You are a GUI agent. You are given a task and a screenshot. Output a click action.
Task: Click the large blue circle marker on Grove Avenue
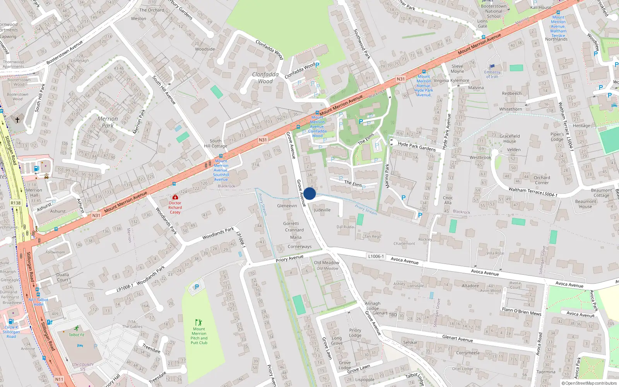coord(309,193)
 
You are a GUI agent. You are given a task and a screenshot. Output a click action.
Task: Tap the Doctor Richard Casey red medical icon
coord(175,197)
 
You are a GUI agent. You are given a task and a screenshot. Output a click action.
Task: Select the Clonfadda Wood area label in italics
coord(265,78)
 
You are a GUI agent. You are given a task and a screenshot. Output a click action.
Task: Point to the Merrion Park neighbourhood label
coord(108,122)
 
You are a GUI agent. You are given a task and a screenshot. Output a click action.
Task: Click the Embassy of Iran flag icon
coord(492,67)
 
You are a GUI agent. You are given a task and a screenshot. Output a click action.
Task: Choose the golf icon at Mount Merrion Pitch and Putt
coord(198,322)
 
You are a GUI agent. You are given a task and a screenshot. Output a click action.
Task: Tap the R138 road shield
coord(15,203)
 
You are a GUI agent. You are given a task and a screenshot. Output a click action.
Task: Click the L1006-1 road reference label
coord(376,256)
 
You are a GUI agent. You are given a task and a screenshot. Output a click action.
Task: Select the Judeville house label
coord(322,210)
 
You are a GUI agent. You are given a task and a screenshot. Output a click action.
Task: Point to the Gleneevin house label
coord(287,206)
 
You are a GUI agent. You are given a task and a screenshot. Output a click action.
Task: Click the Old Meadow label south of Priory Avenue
coord(327,263)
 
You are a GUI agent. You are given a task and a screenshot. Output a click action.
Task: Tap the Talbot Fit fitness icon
coord(77,329)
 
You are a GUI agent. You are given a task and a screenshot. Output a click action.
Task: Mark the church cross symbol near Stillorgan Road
coord(17,120)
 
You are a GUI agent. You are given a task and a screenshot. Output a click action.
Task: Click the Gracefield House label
coord(510,139)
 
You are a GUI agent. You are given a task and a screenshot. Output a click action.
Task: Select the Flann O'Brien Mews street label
coord(521,312)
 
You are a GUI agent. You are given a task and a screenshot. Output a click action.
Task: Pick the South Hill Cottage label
coord(215,144)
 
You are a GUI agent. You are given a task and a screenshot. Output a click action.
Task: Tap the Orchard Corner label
coord(542,180)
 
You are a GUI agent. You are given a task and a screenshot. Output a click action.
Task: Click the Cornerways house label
coord(299,247)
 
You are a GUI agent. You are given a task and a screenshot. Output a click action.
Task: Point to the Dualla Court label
coord(63,277)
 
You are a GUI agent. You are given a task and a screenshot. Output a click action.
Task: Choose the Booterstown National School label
coord(494,11)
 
